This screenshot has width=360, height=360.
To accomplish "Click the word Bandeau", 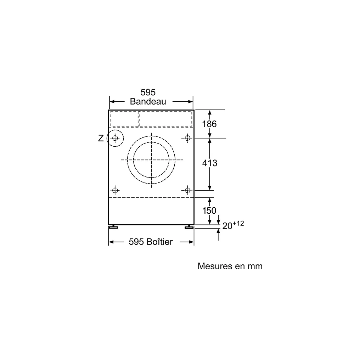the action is [148, 101].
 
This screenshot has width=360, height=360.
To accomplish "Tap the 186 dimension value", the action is [209, 124].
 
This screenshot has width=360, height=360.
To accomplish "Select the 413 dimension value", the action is [210, 163].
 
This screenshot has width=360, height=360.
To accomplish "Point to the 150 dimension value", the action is [209, 210].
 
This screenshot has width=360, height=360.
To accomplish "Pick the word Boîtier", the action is [159, 242].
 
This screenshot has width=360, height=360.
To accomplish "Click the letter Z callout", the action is [101, 138].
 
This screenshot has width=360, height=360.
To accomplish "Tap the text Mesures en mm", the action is [230, 266].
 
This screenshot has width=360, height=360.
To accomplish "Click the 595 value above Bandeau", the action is [148, 92].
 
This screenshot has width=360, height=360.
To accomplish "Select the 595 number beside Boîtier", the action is [136, 242].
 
